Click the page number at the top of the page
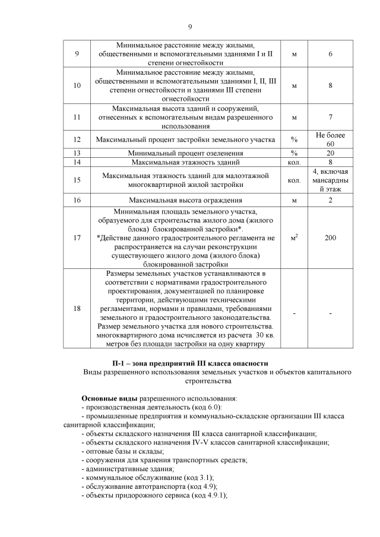pos(190,27)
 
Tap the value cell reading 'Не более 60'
pos(330,139)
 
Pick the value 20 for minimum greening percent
pos(330,152)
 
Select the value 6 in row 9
pos(330,55)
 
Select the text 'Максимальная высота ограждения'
pos(186,201)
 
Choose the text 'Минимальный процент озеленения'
pos(186,152)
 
